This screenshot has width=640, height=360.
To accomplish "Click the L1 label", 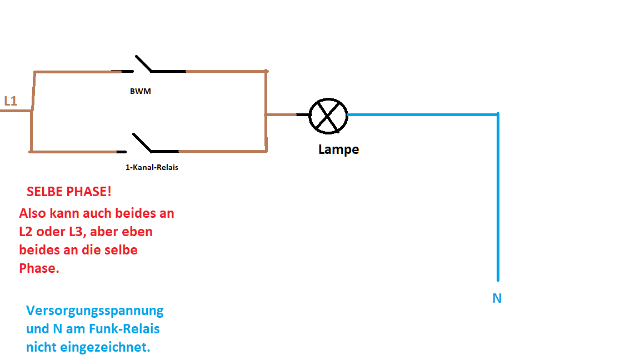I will pyautogui.click(x=11, y=101).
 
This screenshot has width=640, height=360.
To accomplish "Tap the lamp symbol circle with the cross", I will pyautogui.click(x=328, y=116).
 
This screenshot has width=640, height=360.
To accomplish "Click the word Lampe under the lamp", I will pyautogui.click(x=338, y=149).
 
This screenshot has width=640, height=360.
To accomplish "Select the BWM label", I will pyautogui.click(x=140, y=92).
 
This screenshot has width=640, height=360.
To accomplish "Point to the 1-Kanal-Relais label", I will pyautogui.click(x=152, y=167).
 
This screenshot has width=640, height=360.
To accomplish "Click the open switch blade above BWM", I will pyautogui.click(x=143, y=63).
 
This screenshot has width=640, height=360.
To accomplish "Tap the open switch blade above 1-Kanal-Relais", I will pyautogui.click(x=142, y=142).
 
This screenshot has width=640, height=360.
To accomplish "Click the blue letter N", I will pyautogui.click(x=497, y=298).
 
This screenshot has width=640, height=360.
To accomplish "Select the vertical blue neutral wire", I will pyautogui.click(x=498, y=200).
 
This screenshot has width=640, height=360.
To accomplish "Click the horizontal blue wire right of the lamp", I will pyautogui.click(x=422, y=115).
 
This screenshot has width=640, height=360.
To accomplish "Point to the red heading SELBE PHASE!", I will pyautogui.click(x=69, y=192).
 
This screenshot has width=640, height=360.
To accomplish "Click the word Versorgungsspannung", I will pyautogui.click(x=95, y=310).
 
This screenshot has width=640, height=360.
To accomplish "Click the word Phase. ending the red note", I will pyautogui.click(x=39, y=268).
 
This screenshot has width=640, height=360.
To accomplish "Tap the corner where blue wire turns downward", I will pyautogui.click(x=498, y=115).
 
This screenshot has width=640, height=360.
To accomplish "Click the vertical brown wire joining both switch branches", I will pyautogui.click(x=266, y=111).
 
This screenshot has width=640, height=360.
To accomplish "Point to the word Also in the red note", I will pyautogui.click(x=33, y=213).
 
